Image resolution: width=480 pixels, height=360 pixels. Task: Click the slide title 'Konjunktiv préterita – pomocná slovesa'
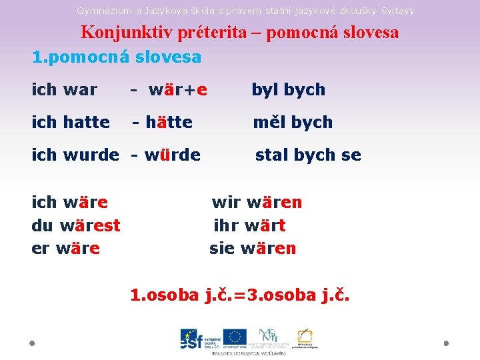click(x=240, y=32)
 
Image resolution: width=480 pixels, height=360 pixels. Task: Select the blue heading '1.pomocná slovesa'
click(x=117, y=57)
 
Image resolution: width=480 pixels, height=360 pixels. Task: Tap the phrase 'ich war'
click(x=65, y=89)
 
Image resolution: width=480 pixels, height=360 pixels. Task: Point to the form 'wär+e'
click(x=177, y=89)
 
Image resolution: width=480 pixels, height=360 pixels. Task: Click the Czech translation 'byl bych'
click(x=288, y=89)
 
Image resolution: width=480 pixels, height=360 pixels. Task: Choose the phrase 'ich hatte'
click(x=71, y=122)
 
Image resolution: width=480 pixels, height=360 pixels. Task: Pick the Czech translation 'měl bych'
click(x=292, y=122)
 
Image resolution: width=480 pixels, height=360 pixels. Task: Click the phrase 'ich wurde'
click(x=75, y=155)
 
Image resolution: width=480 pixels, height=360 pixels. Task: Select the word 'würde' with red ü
click(x=172, y=155)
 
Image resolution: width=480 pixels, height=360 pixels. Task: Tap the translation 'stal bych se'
click(x=308, y=155)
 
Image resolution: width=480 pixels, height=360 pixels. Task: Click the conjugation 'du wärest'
click(x=76, y=225)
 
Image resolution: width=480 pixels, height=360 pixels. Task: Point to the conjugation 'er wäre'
click(x=66, y=249)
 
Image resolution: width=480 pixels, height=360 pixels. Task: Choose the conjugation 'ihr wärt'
click(x=249, y=225)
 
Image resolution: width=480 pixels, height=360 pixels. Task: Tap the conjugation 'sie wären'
click(x=253, y=249)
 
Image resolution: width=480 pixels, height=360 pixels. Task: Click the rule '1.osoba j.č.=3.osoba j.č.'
click(x=239, y=295)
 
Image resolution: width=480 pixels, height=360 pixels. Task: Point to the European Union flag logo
click(x=234, y=337)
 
